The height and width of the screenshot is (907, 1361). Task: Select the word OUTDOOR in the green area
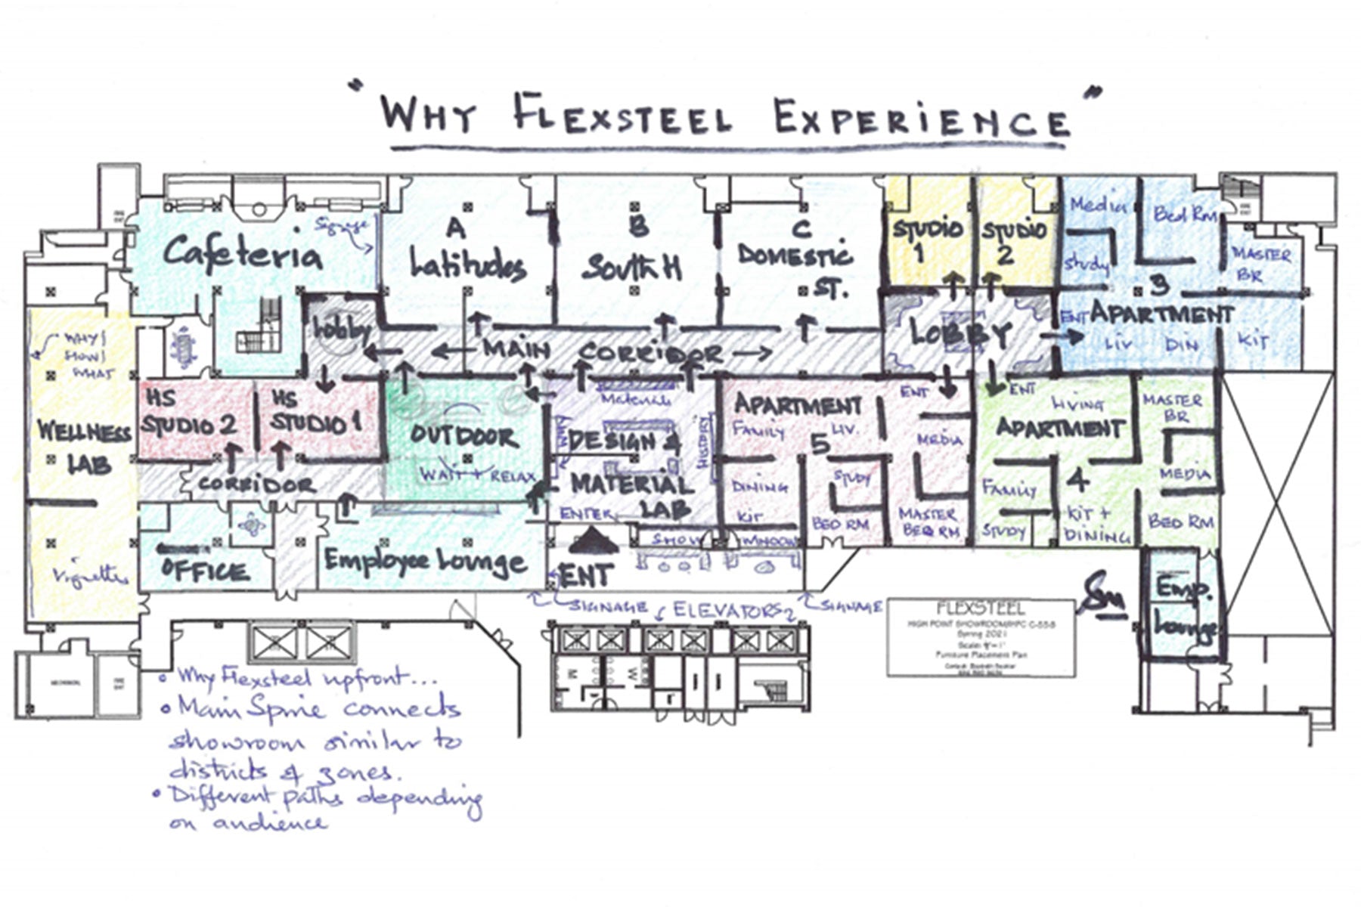pos(463,436)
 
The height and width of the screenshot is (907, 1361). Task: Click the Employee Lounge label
pos(426,561)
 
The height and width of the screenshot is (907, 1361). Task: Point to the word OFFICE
pos(205,570)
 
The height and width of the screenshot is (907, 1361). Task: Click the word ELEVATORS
pos(726,609)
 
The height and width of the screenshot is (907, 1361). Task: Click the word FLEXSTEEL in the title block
pos(980,608)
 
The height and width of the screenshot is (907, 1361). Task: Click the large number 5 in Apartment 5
pos(820,444)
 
